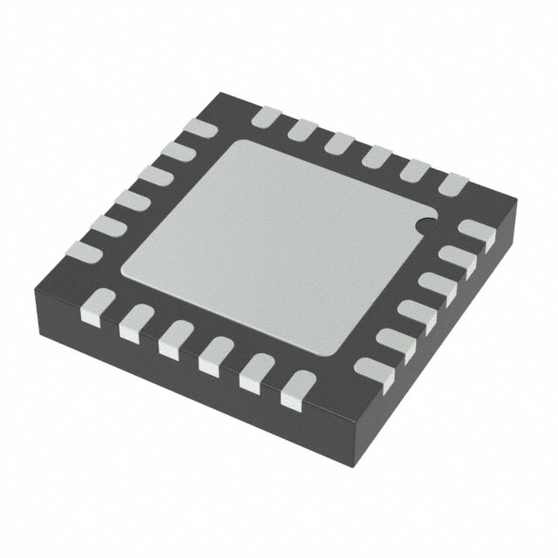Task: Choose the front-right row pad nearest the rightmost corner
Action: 476,230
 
